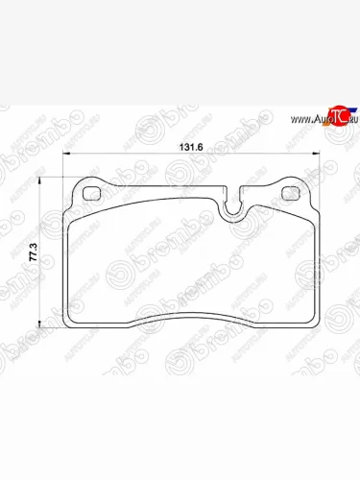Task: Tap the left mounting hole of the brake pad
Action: (94, 192)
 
